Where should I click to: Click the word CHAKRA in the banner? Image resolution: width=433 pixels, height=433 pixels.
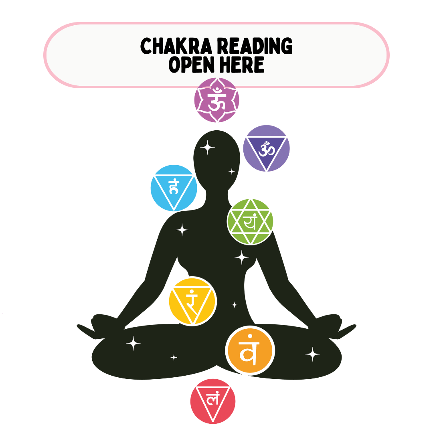tap(178, 47)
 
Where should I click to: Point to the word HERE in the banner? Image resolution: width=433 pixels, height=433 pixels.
tap(243, 65)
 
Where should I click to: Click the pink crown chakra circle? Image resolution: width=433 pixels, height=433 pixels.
tap(216, 100)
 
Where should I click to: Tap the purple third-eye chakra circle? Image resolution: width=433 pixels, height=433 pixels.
tap(266, 148)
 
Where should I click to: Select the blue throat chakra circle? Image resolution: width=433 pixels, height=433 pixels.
tap(174, 188)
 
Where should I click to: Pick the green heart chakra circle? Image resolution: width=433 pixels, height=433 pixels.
tap(251, 221)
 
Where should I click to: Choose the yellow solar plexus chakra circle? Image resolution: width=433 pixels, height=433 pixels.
tap(192, 301)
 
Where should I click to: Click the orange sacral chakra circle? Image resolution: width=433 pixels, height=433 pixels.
tap(250, 351)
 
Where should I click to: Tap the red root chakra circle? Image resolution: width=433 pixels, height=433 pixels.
tap(212, 401)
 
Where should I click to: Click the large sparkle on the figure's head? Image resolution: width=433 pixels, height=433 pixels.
tap(208, 148)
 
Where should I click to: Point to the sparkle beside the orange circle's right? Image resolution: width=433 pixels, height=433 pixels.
tap(312, 354)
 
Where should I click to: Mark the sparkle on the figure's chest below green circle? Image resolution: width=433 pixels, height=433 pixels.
tap(241, 257)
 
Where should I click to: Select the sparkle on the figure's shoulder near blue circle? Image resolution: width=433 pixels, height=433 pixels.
tap(182, 230)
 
